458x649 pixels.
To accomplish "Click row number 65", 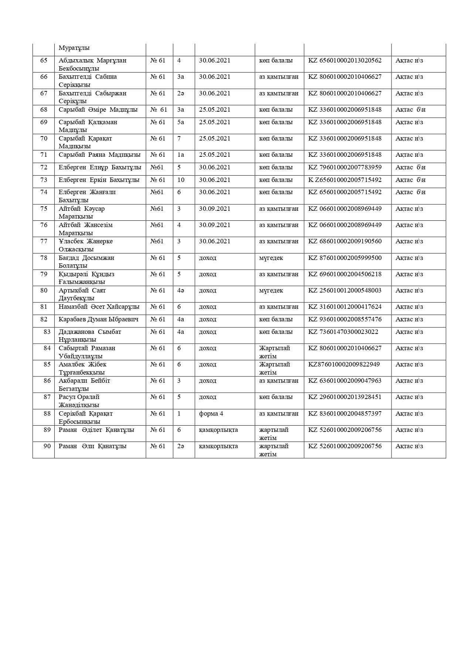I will (x=44, y=60).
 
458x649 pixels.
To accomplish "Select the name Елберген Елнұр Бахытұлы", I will (x=100, y=168).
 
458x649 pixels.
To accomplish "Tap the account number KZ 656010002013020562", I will (x=345, y=60).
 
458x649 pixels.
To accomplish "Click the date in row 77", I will (x=214, y=241).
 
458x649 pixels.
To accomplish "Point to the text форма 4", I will (x=211, y=413).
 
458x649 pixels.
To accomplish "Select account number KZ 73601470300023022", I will (x=343, y=332).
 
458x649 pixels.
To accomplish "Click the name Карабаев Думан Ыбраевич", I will (x=98, y=319).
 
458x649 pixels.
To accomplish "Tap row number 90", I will (x=47, y=446).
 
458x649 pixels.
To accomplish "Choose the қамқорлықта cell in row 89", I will (x=218, y=430).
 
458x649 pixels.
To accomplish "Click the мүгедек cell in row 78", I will (x=271, y=258).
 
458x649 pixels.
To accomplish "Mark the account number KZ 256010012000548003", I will (x=345, y=290).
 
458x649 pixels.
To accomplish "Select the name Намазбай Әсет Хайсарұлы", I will (x=99, y=307).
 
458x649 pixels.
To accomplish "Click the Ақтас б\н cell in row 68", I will (x=410, y=110).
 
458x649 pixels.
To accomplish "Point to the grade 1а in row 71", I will (x=180, y=155).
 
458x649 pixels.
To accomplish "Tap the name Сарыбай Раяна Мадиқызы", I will (x=99, y=155).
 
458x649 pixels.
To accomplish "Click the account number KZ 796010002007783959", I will (x=345, y=168).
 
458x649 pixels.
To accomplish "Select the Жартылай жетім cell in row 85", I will (x=274, y=368).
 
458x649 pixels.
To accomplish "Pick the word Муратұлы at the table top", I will (x=74, y=48).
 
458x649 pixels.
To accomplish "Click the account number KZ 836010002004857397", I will (x=345, y=413).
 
